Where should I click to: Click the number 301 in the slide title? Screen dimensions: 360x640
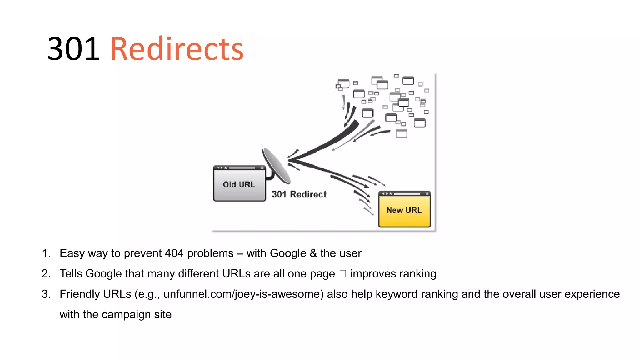[x=73, y=49]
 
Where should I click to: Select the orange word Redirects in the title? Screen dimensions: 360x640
[x=177, y=49]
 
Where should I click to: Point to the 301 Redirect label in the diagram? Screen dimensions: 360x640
[x=299, y=194]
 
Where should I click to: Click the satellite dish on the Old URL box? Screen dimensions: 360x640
[x=277, y=166]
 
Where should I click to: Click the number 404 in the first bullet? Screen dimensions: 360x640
[x=174, y=253]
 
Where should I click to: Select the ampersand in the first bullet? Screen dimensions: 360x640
[x=313, y=253]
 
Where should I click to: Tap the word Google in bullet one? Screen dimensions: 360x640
[x=288, y=253]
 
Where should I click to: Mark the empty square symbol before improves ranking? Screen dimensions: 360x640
[x=343, y=274]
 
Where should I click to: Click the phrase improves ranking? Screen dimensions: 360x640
[x=393, y=274]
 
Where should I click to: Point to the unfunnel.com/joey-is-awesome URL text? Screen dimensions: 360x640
[x=243, y=294]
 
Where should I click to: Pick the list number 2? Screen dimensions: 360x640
[x=46, y=274]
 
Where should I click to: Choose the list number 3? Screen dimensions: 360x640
[x=46, y=294]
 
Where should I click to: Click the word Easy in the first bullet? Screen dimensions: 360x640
[x=72, y=253]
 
